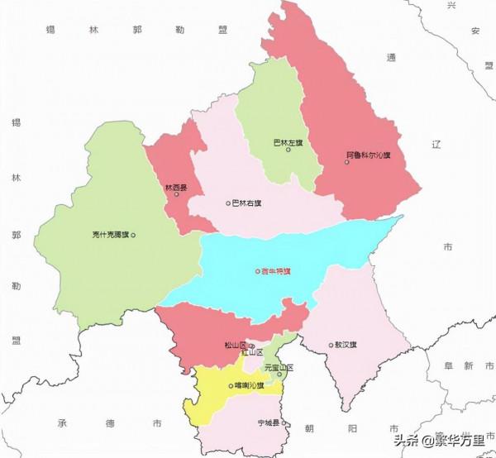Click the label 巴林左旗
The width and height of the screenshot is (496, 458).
[287, 142]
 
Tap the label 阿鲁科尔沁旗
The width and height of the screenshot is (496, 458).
[370, 155]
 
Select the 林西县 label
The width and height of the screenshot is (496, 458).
[176, 188]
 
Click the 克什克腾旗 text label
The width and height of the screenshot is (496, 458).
[110, 235]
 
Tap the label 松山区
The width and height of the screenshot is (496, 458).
[235, 346]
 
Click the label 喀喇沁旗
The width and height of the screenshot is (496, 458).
[250, 384]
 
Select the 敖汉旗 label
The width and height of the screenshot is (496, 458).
[346, 345]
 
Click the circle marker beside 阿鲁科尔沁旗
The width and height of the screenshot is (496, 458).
[347, 161]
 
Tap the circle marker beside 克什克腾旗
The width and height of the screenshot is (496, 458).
[133, 235]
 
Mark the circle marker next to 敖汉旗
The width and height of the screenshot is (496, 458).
[331, 345]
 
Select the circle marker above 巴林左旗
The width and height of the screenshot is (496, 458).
[288, 150]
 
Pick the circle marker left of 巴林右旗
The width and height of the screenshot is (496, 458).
[228, 203]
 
